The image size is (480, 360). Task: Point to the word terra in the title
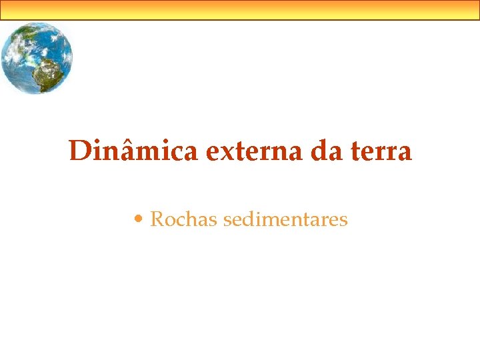382,151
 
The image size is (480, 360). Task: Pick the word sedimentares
286,219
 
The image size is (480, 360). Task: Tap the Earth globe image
36,58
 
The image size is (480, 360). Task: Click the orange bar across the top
240,10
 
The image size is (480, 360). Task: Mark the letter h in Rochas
192,219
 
